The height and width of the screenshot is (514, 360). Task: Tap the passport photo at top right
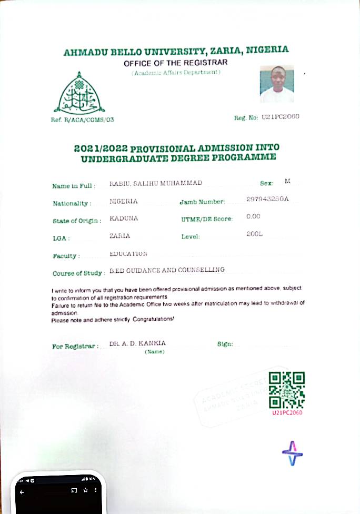(x=276, y=84)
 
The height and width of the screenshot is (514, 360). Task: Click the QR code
(x=286, y=390)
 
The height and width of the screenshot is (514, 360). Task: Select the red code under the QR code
(x=287, y=413)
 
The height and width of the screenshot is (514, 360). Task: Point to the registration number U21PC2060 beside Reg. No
(x=280, y=116)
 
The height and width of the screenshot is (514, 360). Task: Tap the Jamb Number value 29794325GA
(x=267, y=199)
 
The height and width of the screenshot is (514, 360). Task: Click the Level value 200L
(x=254, y=233)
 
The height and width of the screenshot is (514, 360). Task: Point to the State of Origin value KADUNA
(x=124, y=218)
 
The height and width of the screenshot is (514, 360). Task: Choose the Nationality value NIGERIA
(x=124, y=201)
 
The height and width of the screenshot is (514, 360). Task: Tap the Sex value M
(x=287, y=181)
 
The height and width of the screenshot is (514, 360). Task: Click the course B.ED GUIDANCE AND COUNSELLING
(x=167, y=270)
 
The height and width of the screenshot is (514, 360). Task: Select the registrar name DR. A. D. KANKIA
(x=137, y=343)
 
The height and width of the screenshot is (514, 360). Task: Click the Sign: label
(x=225, y=344)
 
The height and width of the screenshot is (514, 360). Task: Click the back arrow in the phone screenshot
(x=22, y=492)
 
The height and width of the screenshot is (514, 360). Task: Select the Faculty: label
(x=66, y=256)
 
